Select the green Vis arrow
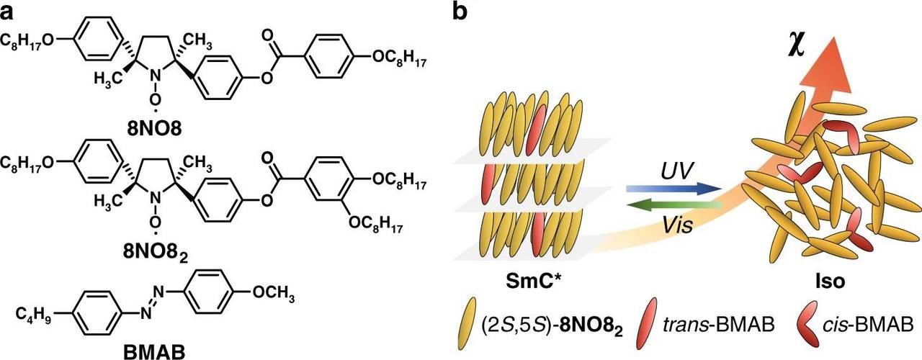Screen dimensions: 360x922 click(x=674, y=207)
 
